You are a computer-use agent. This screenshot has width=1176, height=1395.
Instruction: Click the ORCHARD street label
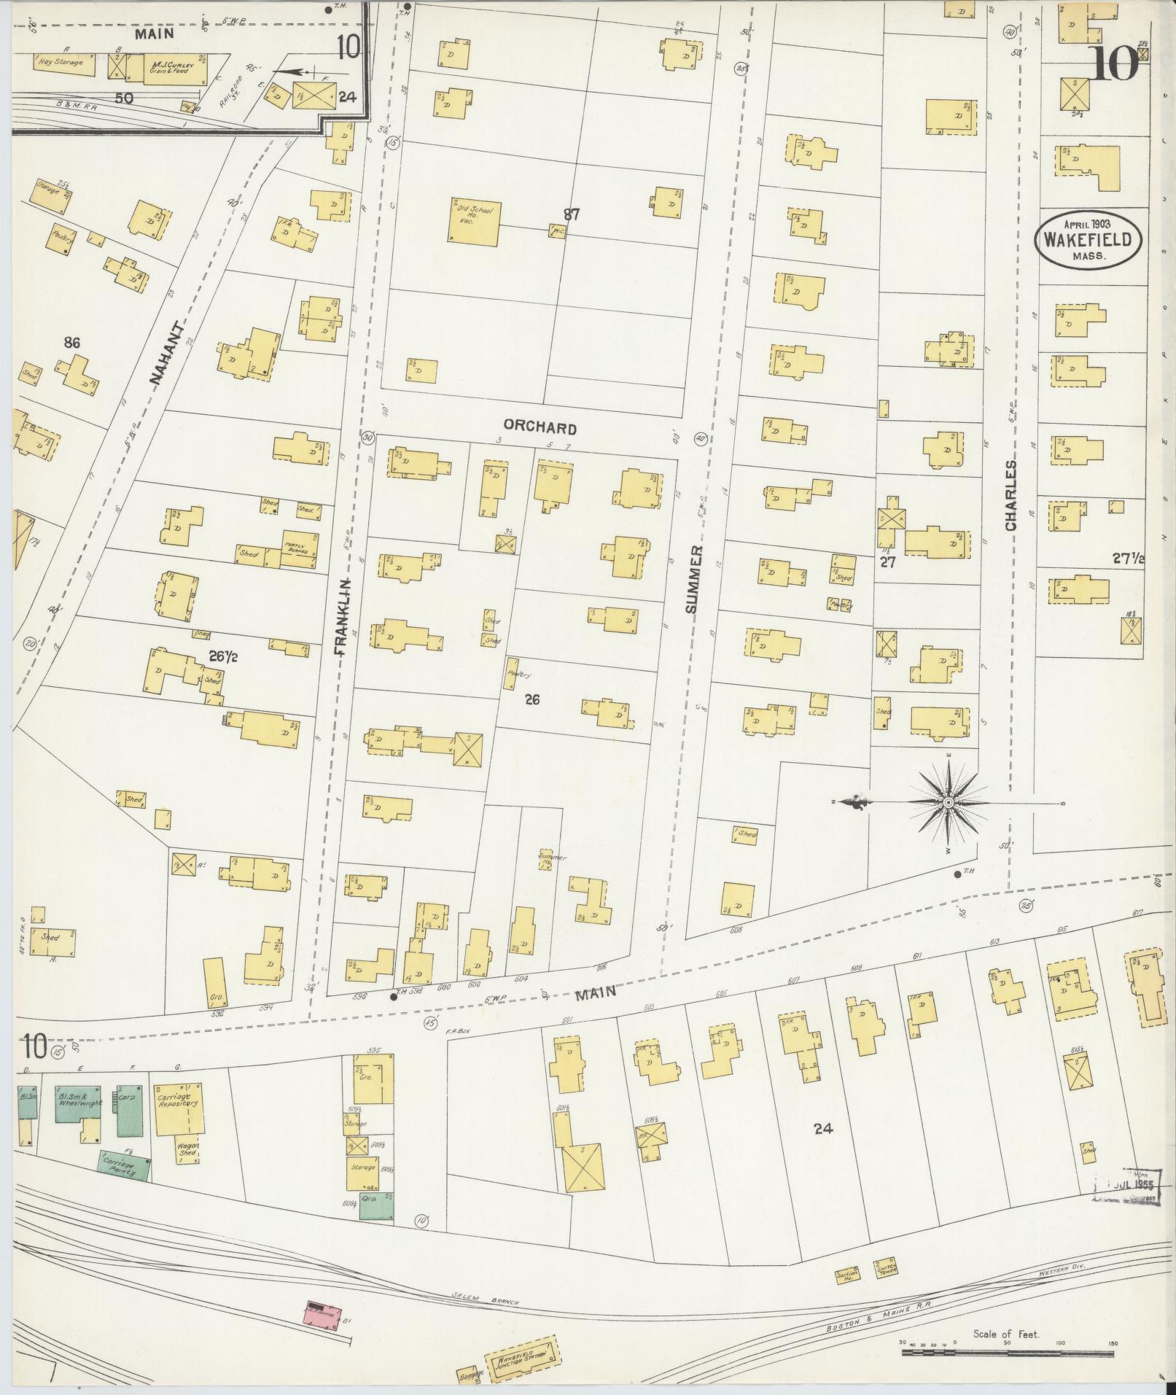point(540,428)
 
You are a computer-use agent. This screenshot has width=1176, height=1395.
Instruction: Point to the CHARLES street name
point(1010,495)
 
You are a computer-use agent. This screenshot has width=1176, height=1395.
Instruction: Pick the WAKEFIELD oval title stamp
point(1087,239)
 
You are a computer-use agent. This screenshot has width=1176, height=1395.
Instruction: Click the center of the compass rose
point(948,803)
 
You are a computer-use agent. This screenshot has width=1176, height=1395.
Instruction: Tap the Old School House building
point(474,221)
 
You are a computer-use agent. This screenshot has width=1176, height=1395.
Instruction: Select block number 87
point(571,214)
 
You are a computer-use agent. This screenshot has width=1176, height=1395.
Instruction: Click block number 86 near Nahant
point(71,343)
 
